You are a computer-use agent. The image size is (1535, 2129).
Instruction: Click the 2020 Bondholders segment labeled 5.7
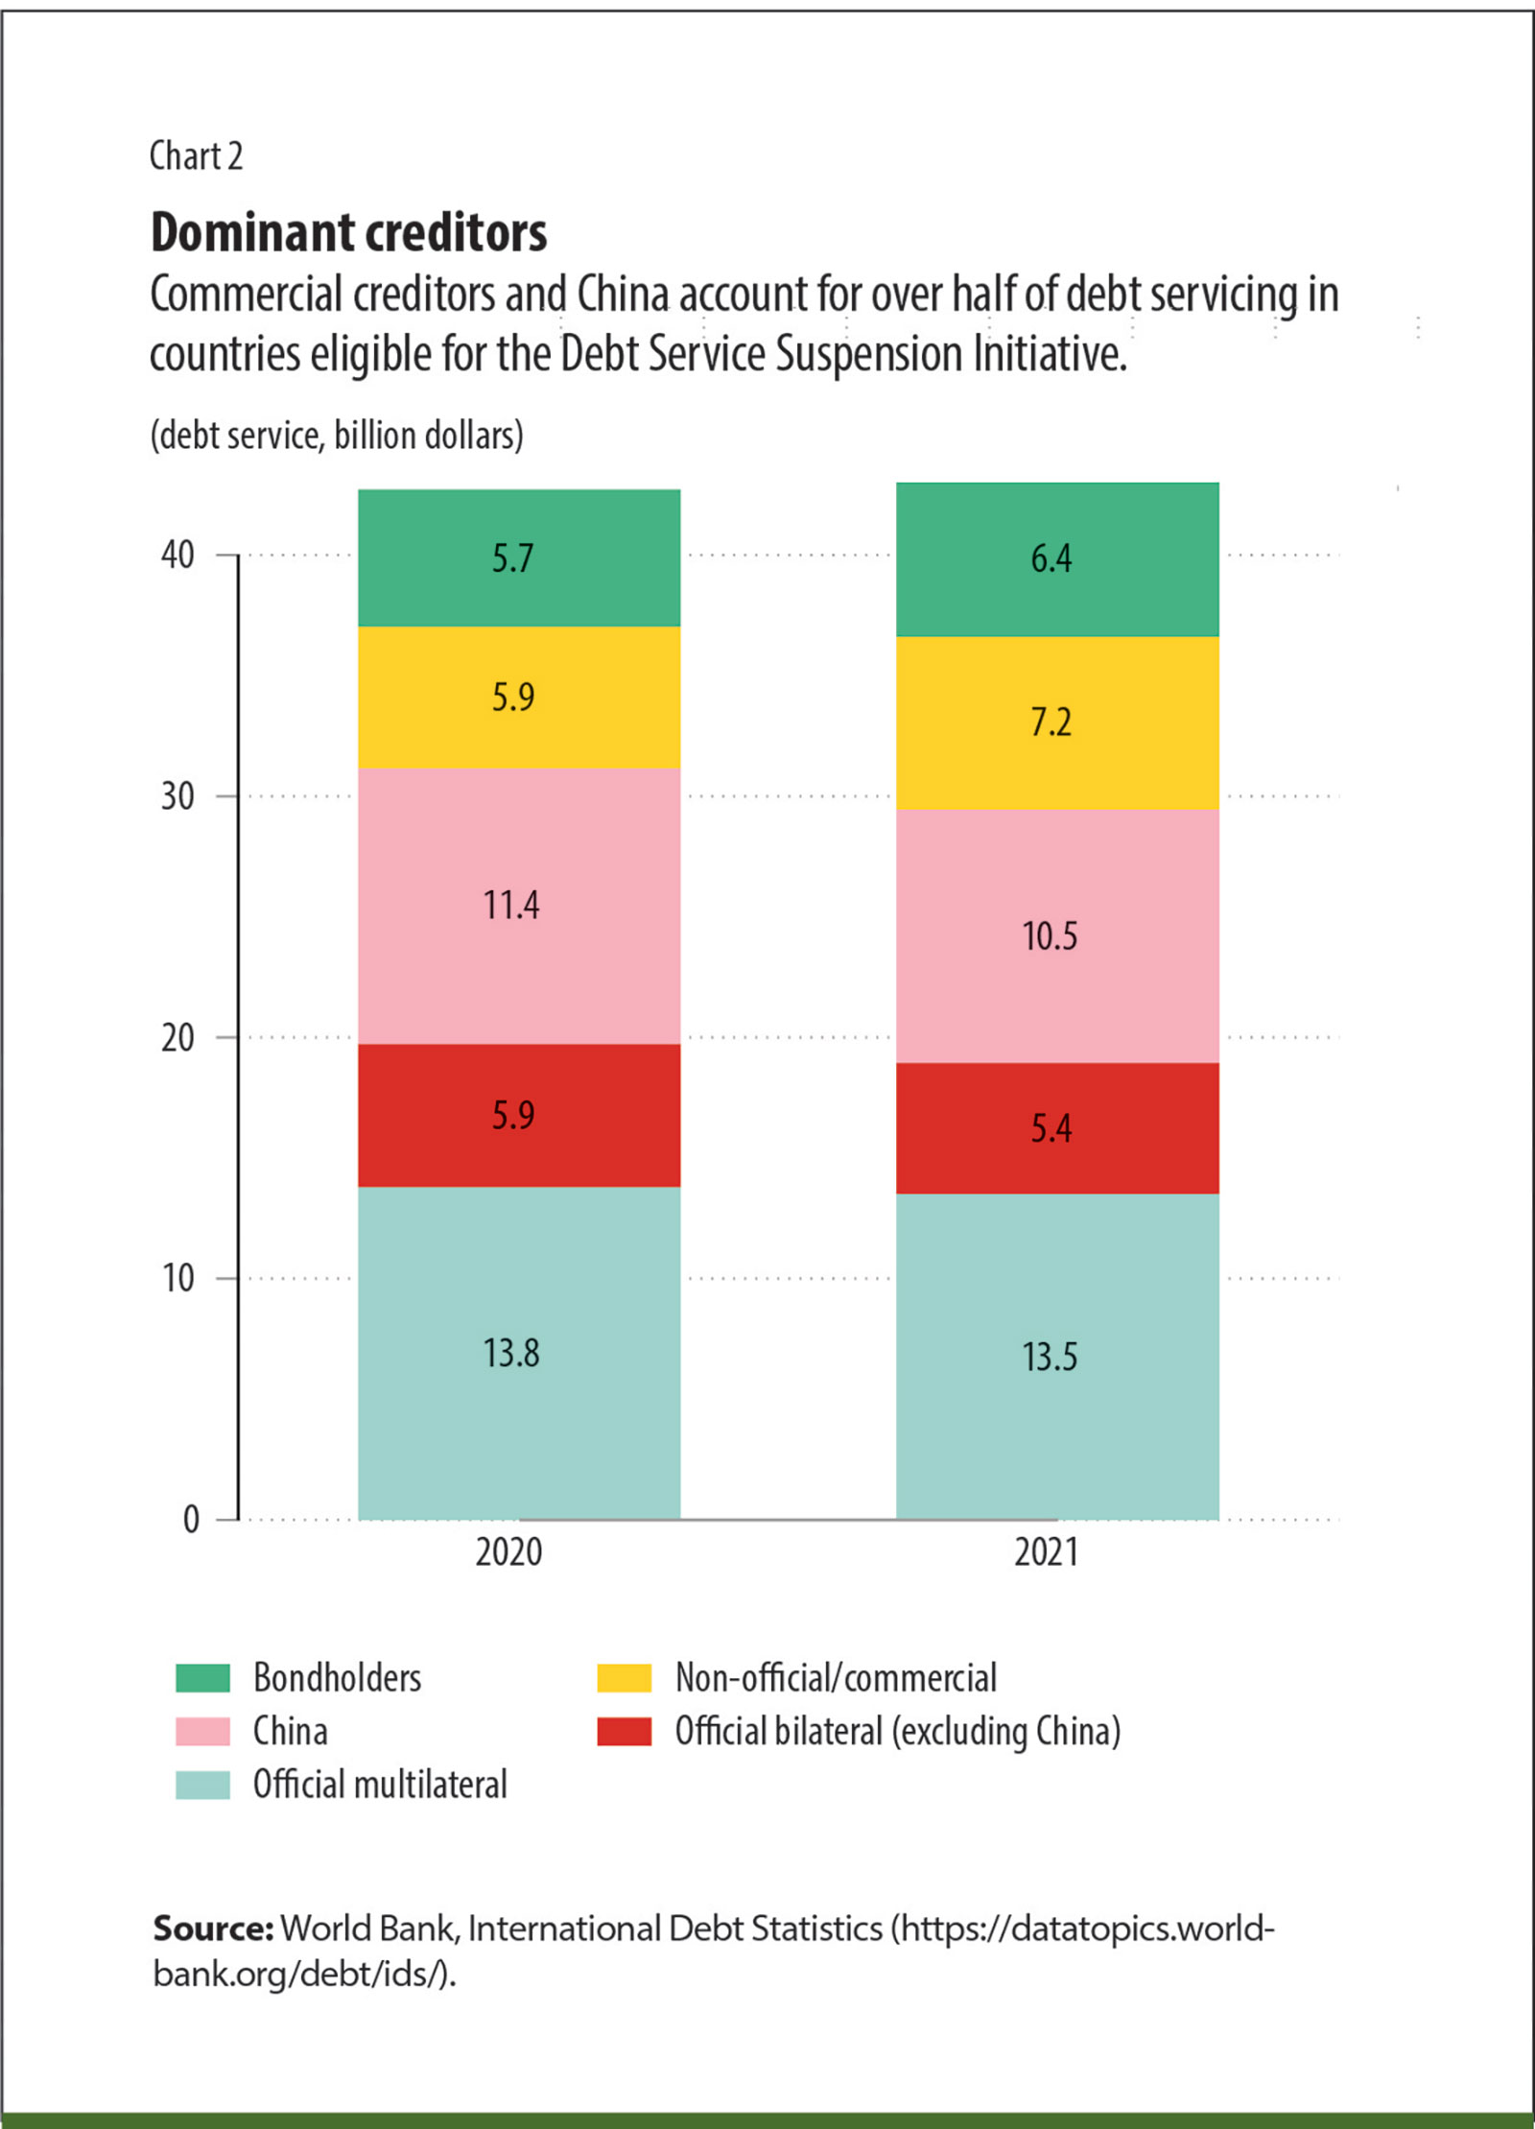click(519, 557)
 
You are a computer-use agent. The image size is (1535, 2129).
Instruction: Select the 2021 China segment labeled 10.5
click(1056, 935)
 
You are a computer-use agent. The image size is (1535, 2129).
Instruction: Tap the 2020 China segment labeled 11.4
click(519, 905)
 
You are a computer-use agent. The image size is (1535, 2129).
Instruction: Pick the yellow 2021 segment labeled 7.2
click(1056, 721)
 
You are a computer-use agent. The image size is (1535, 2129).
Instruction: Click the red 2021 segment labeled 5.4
click(1056, 1127)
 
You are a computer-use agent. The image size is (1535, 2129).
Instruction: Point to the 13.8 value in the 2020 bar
click(511, 1353)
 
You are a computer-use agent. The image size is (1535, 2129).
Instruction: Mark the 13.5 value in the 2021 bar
click(1050, 1357)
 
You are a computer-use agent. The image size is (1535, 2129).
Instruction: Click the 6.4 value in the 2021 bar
click(1051, 557)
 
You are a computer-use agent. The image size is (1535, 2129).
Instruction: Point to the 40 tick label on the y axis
click(177, 555)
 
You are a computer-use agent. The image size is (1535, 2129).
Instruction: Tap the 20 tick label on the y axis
click(177, 1037)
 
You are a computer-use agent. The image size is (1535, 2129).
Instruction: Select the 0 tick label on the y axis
click(191, 1519)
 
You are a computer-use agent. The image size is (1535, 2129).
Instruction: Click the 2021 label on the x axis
click(1047, 1552)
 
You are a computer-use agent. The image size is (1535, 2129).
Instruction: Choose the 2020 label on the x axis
click(508, 1552)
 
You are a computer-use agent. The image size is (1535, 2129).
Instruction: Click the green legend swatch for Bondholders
click(202, 1678)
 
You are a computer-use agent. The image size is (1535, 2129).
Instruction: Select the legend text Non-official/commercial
click(836, 1678)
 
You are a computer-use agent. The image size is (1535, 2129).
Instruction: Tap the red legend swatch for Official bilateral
click(624, 1732)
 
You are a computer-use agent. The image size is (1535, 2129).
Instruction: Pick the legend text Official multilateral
click(380, 1785)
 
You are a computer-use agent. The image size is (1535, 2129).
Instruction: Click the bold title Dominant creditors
click(349, 233)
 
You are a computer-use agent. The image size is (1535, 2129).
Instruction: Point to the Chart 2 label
click(196, 155)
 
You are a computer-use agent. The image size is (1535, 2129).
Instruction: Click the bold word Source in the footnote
click(213, 1928)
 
